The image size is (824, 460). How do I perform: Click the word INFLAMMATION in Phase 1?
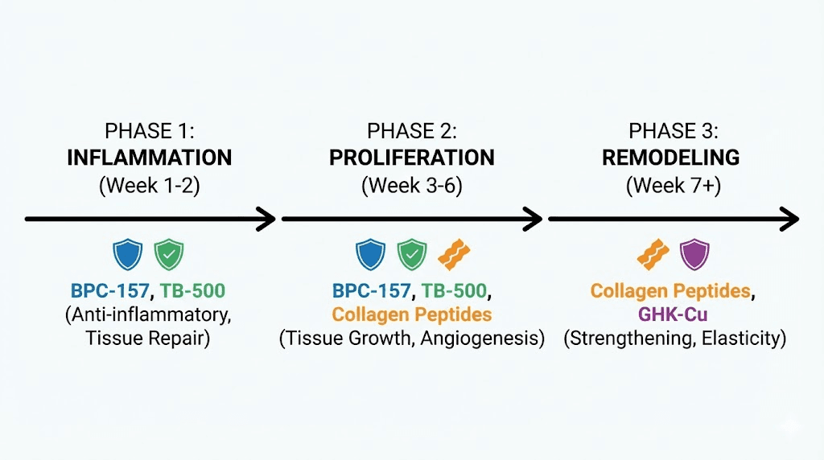(x=149, y=157)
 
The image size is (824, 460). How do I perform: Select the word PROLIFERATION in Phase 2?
(x=411, y=157)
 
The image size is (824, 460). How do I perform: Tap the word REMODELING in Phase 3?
(x=672, y=157)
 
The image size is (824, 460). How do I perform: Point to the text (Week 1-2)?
(x=149, y=186)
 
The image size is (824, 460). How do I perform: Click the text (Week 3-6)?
(x=411, y=186)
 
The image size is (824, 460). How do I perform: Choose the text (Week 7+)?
(x=673, y=186)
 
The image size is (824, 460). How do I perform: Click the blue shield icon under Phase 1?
(x=128, y=254)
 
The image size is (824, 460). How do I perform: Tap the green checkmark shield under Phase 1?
(x=169, y=254)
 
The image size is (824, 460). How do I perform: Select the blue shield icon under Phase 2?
(x=371, y=254)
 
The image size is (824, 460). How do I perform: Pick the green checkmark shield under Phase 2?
(x=412, y=254)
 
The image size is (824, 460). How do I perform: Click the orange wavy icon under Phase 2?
(x=452, y=254)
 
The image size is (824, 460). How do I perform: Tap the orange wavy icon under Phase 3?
(x=653, y=254)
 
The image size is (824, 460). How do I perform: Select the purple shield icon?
(x=694, y=254)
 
